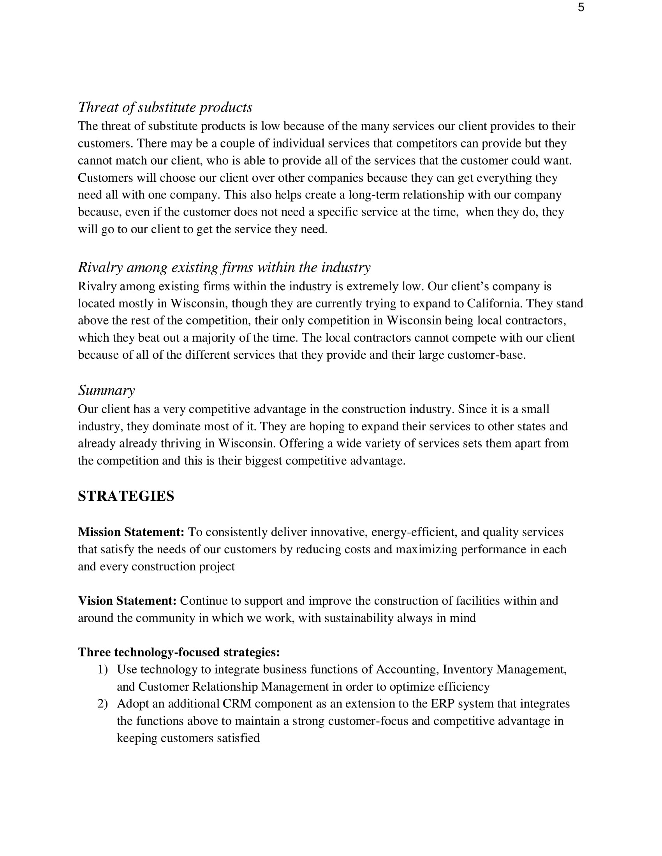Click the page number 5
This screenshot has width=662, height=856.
coord(581,7)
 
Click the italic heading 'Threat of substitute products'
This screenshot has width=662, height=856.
coord(165,107)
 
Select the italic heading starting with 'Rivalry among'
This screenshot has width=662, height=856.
coord(224,267)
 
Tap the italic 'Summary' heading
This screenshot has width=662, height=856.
coord(106,390)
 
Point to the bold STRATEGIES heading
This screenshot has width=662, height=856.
coord(126,496)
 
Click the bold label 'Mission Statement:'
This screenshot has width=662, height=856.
coord(131,532)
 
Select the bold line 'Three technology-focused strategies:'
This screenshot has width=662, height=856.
coord(179,652)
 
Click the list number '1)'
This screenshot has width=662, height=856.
coord(102,670)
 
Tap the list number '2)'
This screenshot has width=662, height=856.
coord(102,703)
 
